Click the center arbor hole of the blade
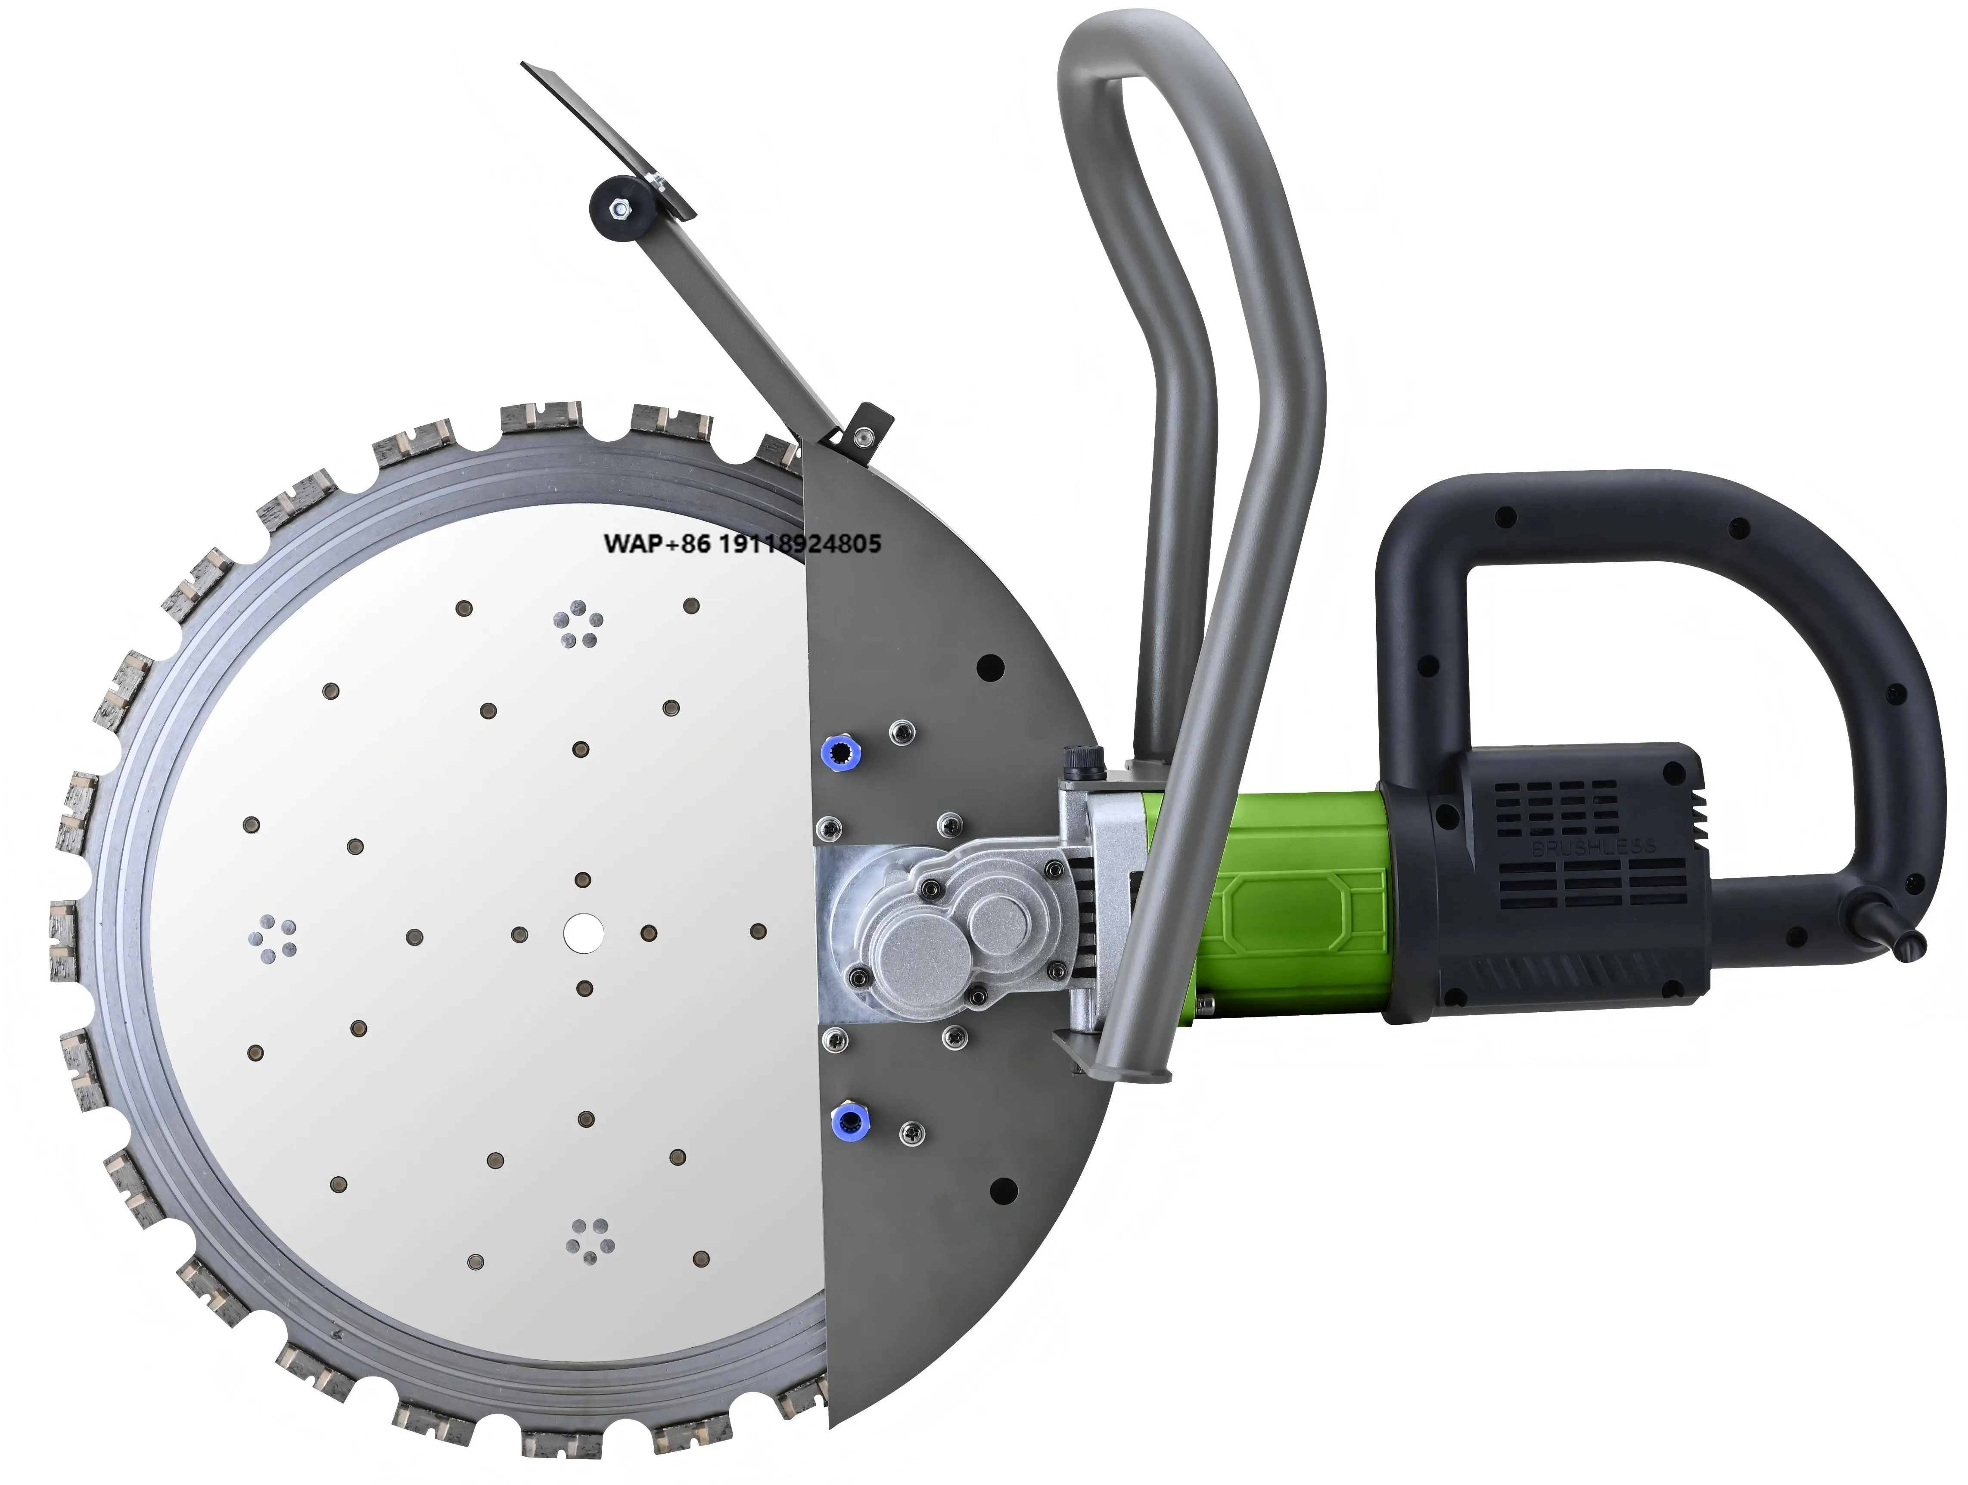583,932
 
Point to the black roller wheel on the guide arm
614,210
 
